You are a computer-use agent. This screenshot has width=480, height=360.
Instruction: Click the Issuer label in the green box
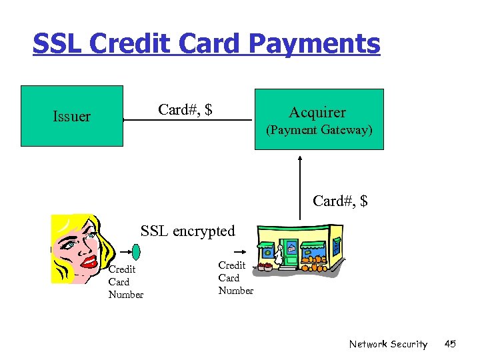(71, 117)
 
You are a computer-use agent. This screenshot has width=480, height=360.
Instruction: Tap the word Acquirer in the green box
(317, 113)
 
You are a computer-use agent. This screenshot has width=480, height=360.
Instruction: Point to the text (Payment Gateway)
(319, 130)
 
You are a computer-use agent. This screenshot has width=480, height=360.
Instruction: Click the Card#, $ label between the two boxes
(185, 109)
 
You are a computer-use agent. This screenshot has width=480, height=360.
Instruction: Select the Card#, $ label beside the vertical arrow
(340, 201)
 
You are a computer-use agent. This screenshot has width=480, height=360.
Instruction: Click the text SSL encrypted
(187, 231)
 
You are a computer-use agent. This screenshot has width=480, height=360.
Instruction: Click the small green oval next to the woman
(136, 252)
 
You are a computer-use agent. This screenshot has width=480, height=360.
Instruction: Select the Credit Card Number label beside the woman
(125, 282)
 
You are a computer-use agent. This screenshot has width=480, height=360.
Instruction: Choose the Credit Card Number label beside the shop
(235, 278)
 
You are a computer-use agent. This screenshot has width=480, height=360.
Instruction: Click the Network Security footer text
(388, 344)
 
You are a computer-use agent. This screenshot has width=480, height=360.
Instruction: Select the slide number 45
(449, 344)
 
